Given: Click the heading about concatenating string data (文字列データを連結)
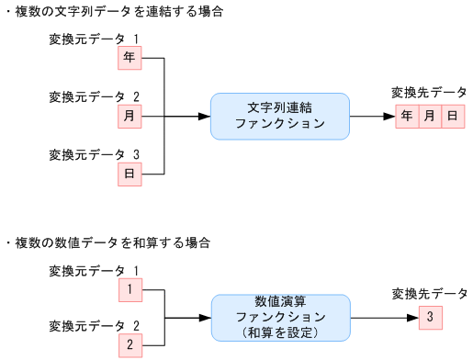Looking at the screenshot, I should (x=116, y=13).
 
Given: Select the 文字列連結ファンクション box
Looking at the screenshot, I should (x=279, y=117).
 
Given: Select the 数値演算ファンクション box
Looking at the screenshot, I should (x=280, y=318).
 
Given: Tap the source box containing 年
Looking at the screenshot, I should (x=130, y=59).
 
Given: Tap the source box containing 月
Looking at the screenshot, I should (x=130, y=117).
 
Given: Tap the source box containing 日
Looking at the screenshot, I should (x=130, y=174).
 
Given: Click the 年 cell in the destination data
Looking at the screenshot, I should (x=408, y=117).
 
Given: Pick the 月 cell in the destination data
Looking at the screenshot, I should (x=430, y=117).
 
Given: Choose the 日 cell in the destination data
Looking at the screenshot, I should (x=452, y=117).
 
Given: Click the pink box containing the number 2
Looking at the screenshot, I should (x=130, y=346).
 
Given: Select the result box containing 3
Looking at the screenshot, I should (x=429, y=318).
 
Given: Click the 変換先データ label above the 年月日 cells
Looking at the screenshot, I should (x=429, y=93).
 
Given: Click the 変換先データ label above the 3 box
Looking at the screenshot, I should (x=429, y=294).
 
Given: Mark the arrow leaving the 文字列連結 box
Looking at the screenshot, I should (x=372, y=117).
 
